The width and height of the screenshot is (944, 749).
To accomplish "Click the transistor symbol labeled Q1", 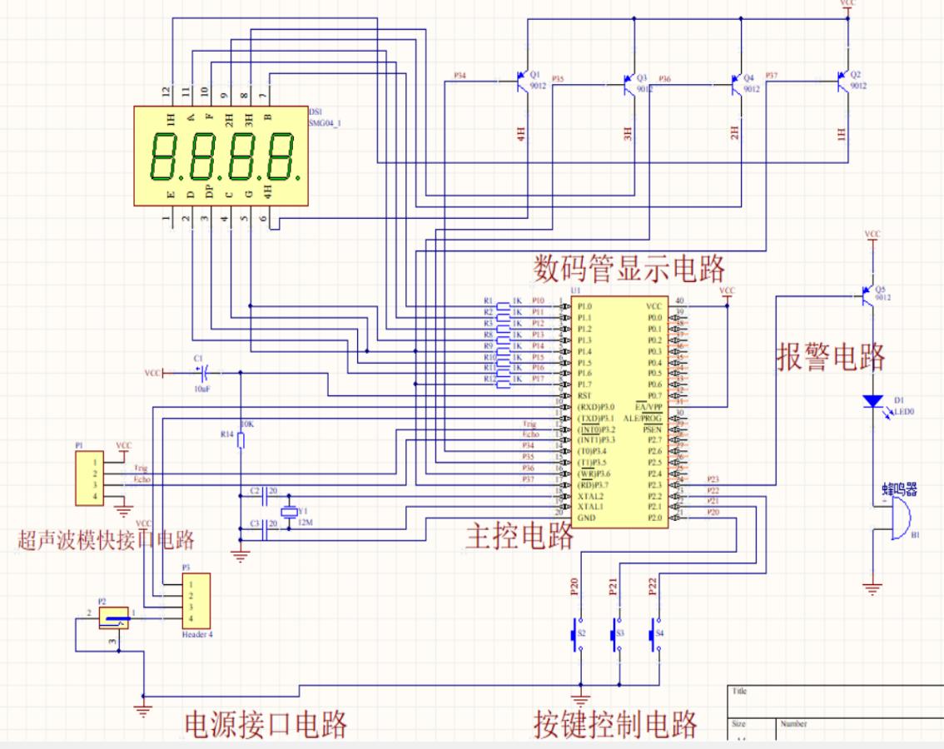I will [x=522, y=82].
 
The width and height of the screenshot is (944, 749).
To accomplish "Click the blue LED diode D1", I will [x=872, y=401].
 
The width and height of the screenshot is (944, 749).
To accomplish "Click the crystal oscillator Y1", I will [x=288, y=513].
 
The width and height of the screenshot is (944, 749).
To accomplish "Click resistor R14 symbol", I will [x=240, y=440].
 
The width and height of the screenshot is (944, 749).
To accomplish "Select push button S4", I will [x=656, y=635].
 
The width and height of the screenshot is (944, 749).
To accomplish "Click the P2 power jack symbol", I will [x=114, y=618].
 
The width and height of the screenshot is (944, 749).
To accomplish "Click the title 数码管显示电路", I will [x=629, y=270].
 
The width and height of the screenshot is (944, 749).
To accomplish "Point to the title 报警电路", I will [x=832, y=356].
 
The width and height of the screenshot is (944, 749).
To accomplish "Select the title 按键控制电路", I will [x=615, y=724].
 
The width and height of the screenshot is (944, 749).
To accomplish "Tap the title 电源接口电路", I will [x=265, y=725].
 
